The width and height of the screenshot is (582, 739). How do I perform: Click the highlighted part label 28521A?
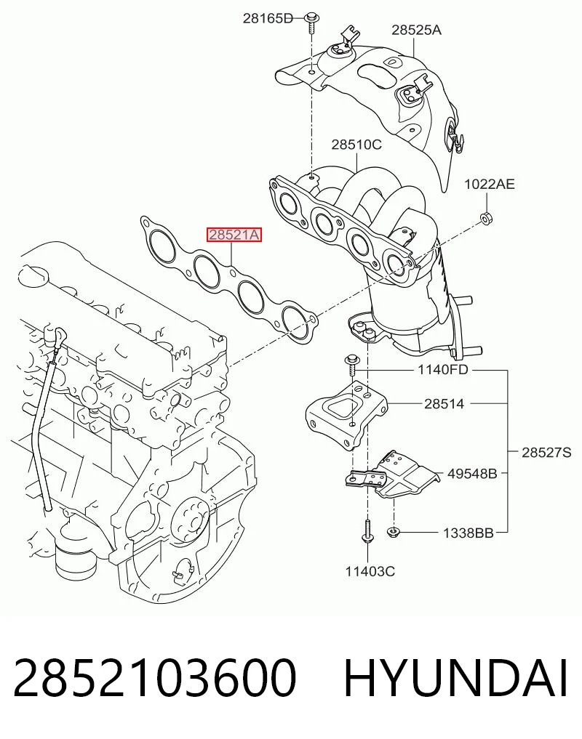234,234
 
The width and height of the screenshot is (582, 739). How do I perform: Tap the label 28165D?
268,18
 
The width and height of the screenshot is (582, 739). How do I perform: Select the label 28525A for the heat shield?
416,31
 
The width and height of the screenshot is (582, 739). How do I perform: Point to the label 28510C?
356,144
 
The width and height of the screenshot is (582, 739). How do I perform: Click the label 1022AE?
490,184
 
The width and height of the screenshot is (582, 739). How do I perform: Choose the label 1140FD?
443,369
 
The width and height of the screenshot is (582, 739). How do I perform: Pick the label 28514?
445,404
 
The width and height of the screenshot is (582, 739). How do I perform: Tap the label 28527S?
546,453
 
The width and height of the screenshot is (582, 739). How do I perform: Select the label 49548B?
472,473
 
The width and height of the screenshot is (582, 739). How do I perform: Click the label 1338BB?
468,533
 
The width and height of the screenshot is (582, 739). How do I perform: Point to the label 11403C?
370,572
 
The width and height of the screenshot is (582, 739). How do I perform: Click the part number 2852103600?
155,678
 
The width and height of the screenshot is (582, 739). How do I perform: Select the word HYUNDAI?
455,678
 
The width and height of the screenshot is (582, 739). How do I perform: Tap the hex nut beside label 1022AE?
486,218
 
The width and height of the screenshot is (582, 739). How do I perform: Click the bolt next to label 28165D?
312,22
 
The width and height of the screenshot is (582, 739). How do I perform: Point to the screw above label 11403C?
367,531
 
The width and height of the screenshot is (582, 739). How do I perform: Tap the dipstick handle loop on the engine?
59,336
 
